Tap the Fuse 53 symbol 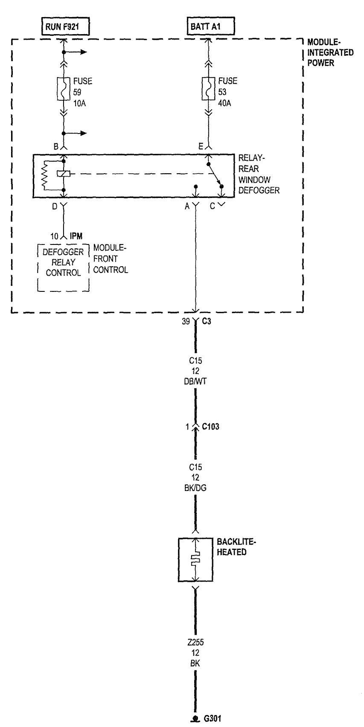point(208,89)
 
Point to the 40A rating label point(224,103)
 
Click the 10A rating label point(79,103)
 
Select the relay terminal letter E point(201,147)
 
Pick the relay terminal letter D point(55,206)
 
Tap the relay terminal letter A point(187,206)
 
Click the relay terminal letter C point(213,206)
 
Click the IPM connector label point(76,236)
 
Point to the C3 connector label point(207,321)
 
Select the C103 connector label point(210,427)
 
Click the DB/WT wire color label point(195,381)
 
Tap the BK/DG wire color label point(195,488)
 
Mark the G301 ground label point(213,718)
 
